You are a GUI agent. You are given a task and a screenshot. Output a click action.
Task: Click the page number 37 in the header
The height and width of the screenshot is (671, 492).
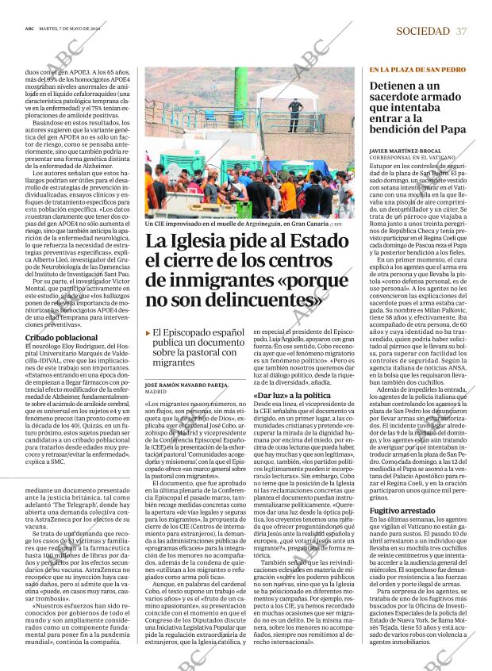tap(461, 30)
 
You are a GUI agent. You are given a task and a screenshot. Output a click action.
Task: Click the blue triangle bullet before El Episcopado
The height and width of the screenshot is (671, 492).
tap(148, 333)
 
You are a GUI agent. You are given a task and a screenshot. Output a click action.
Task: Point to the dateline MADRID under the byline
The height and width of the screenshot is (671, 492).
tap(156, 392)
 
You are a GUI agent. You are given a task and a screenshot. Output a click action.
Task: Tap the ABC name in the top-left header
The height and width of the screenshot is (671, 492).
tap(29, 30)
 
